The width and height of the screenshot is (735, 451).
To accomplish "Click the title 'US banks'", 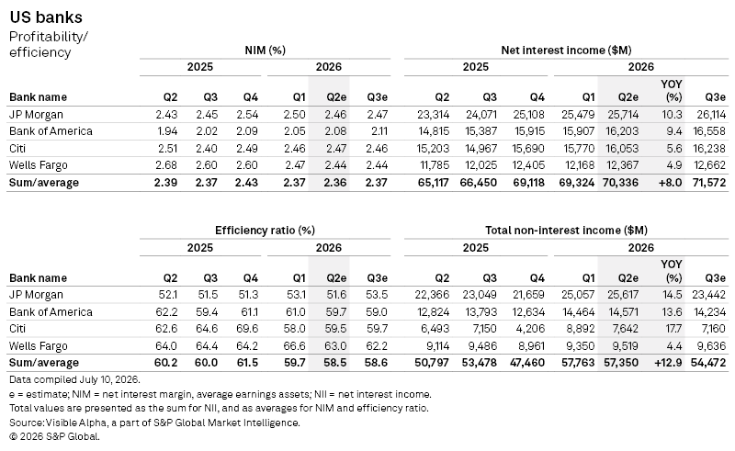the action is pos(46,17).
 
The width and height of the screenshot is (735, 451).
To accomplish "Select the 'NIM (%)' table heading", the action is pos(265,51).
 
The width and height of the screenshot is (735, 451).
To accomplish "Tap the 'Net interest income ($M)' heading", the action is pos(566,51).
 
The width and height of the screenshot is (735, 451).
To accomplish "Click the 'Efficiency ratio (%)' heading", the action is pos(265,231).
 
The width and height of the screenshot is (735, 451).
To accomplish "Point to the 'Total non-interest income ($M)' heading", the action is pos(566,231).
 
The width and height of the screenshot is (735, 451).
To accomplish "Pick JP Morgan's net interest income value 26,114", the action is pos(708,115).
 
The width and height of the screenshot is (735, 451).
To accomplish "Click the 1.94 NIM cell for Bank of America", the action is pos(167,131).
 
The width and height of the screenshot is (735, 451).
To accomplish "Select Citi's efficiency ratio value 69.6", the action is pos(247,329).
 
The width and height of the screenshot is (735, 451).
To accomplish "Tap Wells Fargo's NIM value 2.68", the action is pos(167,165).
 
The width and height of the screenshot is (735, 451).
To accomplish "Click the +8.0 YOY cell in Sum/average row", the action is pos(671,183).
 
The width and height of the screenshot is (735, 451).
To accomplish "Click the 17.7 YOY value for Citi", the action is pos(673,329).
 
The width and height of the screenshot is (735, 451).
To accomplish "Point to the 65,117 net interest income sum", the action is pos(433,183).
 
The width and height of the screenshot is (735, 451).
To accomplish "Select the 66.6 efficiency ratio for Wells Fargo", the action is pos(294,346).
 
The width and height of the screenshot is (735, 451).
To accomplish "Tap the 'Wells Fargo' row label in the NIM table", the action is pos(39,165).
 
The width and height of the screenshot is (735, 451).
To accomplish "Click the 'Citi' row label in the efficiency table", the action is pos(17,329).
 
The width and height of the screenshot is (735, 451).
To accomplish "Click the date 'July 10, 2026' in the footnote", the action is pos(109,379).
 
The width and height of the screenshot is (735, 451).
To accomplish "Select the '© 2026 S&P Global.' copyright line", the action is pos(54,436).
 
